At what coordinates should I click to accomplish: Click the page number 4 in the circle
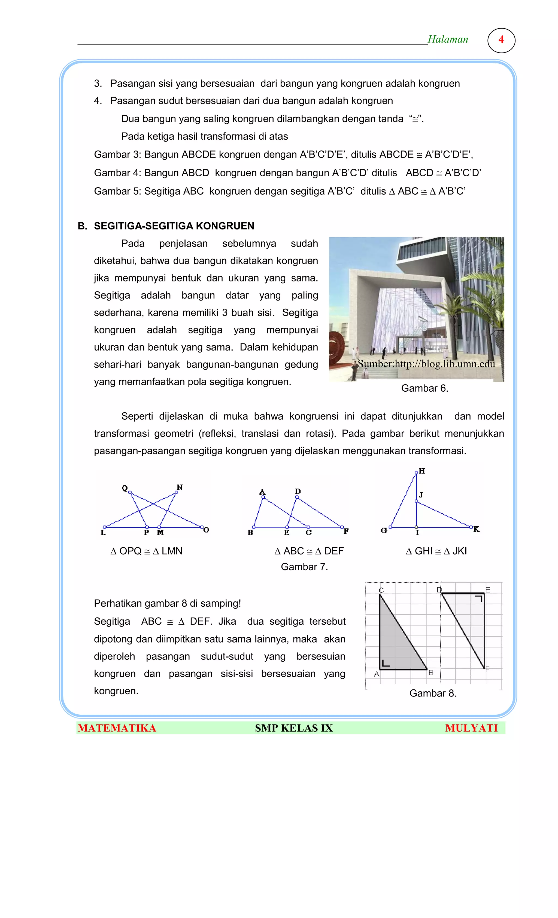coord(501,39)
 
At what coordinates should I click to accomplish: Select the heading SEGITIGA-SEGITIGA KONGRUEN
coord(174,226)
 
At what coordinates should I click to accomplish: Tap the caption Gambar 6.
coord(424,388)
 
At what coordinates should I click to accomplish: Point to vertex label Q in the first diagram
coord(125,488)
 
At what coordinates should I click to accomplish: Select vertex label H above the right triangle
coord(422,471)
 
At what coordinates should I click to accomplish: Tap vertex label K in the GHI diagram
coord(476,529)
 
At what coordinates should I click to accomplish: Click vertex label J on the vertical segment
coord(421,495)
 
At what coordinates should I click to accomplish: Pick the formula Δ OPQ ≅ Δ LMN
coord(146,551)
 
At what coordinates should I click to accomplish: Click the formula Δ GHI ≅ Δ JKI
coord(436,551)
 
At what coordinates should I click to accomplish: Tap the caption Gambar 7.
coord(304,567)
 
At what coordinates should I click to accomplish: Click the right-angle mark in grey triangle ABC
coord(386,663)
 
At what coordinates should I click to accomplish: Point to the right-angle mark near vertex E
coord(479,598)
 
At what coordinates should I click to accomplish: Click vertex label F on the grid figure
coord(487,669)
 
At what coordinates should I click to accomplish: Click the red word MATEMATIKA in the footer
coord(117,728)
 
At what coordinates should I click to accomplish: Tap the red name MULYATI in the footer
coord(471,728)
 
